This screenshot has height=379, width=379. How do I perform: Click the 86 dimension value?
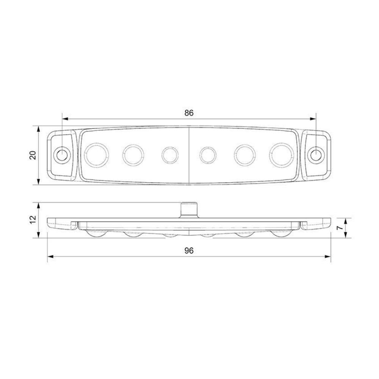pos(189,113)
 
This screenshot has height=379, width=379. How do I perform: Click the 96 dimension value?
pos(189,251)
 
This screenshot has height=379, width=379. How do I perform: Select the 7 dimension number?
pos(340,227)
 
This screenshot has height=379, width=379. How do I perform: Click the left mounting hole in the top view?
pos(61,155)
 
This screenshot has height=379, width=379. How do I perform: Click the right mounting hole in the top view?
pos(316,154)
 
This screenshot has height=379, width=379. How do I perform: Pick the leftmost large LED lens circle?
pos(96,155)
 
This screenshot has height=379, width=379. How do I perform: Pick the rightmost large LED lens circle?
pos(282,154)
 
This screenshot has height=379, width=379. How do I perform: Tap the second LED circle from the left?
pos(133,155)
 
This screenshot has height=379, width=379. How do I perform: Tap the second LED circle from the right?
pos(245,155)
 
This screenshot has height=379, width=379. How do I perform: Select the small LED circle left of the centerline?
pos(170,155)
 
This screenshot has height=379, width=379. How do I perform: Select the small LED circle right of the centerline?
pos(208,155)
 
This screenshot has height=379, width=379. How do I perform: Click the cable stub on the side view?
pos(189,210)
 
